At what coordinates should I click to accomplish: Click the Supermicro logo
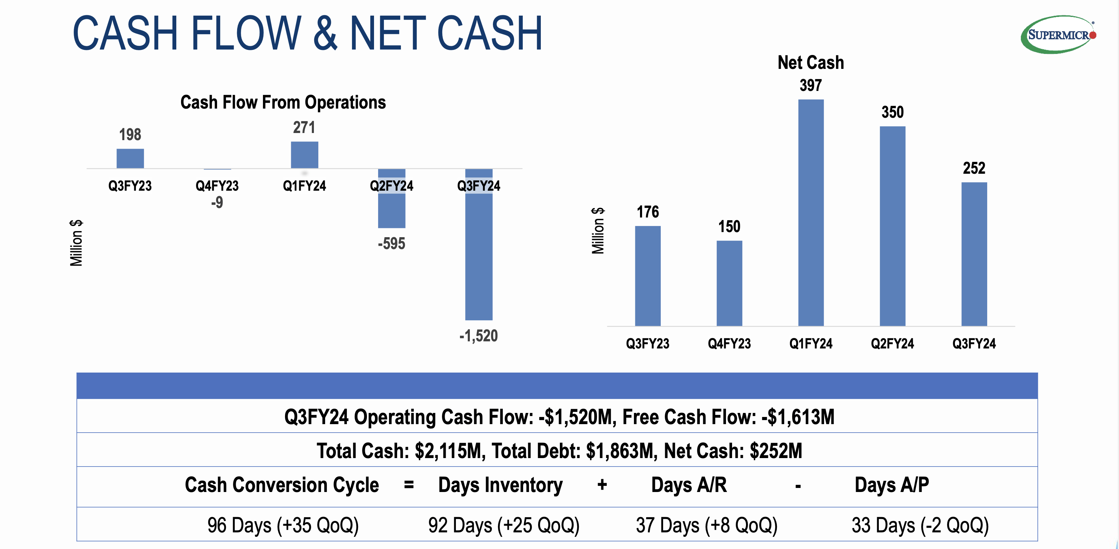(x=1058, y=34)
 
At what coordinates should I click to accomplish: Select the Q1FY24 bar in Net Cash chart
(x=811, y=213)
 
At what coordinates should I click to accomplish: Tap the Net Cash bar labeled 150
(x=729, y=283)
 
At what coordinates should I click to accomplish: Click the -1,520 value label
(x=478, y=336)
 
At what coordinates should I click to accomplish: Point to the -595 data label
(x=391, y=244)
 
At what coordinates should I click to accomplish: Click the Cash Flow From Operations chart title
(x=283, y=102)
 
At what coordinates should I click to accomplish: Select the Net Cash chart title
(x=811, y=62)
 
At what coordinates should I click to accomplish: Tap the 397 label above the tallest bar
(x=811, y=85)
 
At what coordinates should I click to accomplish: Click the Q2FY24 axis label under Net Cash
(x=892, y=344)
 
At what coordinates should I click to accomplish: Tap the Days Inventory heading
(x=500, y=485)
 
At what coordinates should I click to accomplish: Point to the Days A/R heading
(x=689, y=485)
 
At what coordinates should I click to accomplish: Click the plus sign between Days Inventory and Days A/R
(x=602, y=485)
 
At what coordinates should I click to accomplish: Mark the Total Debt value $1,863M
(x=620, y=451)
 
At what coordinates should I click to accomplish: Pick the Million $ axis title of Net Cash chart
(x=598, y=230)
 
